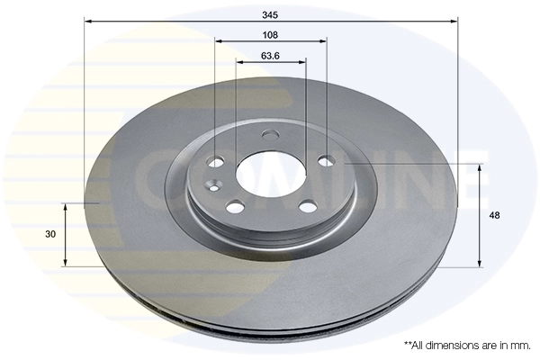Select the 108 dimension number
pyautogui.click(x=270, y=34)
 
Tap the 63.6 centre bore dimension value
pyautogui.click(x=270, y=56)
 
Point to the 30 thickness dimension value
pyautogui.click(x=50, y=234)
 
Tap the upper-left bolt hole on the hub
pyautogui.click(x=216, y=162)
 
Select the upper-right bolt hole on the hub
pyautogui.click(x=328, y=161)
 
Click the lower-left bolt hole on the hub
pyautogui.click(x=235, y=207)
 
